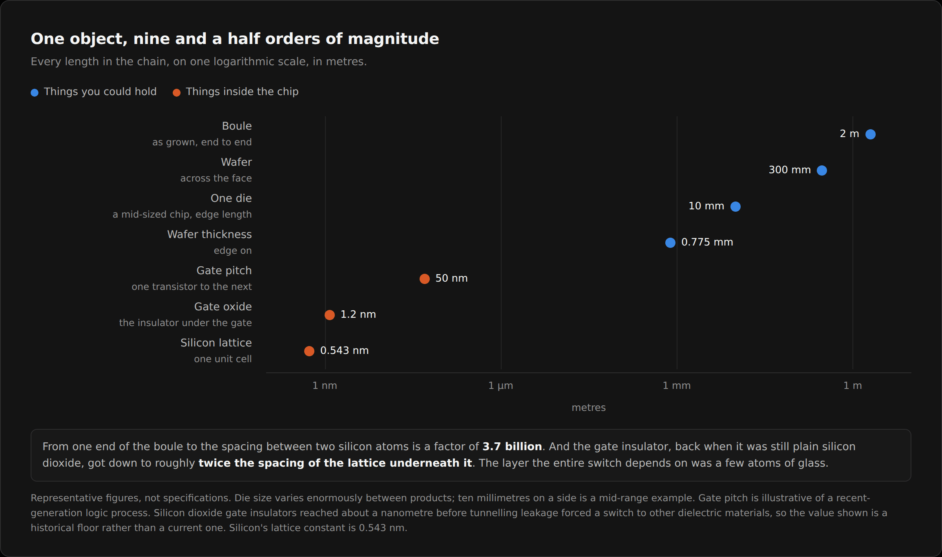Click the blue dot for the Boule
871,134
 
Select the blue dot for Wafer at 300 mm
822,170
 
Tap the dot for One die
736,207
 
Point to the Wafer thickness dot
670,243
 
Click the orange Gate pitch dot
425,279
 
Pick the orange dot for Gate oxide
330,315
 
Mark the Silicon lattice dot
309,351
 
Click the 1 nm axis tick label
325,386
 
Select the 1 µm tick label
501,386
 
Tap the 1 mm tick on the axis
677,386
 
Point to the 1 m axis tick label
853,386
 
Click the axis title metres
589,408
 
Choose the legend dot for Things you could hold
35,93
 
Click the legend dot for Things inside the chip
177,93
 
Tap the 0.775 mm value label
707,242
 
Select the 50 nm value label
451,278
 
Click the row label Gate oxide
223,307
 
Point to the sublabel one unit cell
223,359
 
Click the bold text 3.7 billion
512,447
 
